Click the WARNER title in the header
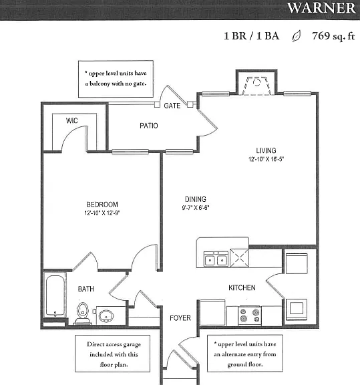pyautogui.click(x=321, y=8)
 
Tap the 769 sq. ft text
pyautogui.click(x=333, y=36)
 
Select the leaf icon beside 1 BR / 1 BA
pyautogui.click(x=296, y=36)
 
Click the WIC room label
pyautogui.click(x=72, y=120)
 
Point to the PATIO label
pyautogui.click(x=149, y=126)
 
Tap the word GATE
pyautogui.click(x=172, y=106)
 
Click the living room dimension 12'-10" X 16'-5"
pyautogui.click(x=266, y=159)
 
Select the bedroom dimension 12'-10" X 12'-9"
pyautogui.click(x=102, y=213)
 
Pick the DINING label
pyautogui.click(x=195, y=199)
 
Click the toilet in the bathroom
pyautogui.click(x=83, y=313)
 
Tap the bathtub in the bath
pyautogui.click(x=55, y=295)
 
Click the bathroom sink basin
pyautogui.click(x=106, y=315)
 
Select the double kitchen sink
pyautogui.click(x=216, y=259)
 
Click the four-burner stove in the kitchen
pyautogui.click(x=250, y=315)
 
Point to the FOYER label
pyautogui.click(x=180, y=318)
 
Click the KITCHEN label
pyautogui.click(x=242, y=287)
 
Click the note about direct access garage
pyautogui.click(x=114, y=354)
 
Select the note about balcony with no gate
pyautogui.click(x=116, y=79)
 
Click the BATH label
pyautogui.click(x=86, y=289)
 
